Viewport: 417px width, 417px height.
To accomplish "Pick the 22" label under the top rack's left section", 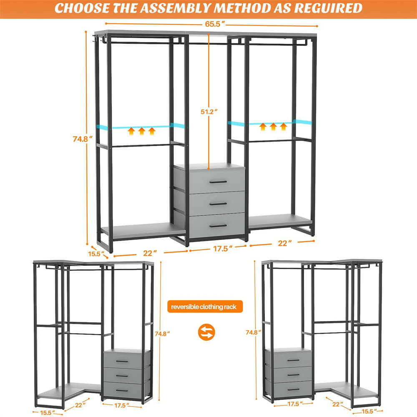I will coord(149,253).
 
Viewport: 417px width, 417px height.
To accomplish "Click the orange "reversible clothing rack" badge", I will coord(204,307).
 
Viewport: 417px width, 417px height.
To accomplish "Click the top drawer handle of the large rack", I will coord(218,182).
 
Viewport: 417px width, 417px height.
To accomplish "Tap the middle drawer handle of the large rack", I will coord(218,204).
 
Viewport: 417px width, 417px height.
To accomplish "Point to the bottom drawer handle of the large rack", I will coord(218,226).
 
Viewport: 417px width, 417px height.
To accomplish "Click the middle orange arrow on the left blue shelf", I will coord(141,131).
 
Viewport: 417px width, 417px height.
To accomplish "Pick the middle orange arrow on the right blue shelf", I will coord(273,127).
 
